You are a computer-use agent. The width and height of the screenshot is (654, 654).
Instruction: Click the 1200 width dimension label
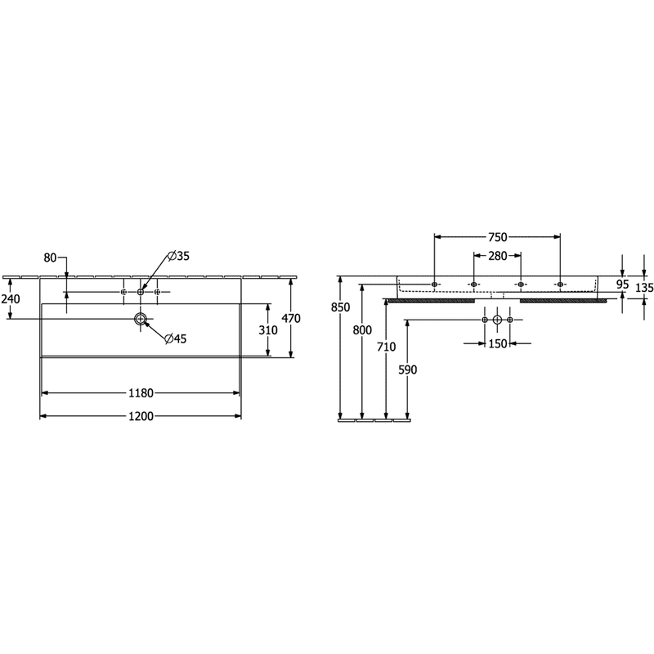(141, 416)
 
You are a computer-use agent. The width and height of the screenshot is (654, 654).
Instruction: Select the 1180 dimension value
(141, 393)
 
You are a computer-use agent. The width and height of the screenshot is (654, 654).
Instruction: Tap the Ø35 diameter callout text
(178, 256)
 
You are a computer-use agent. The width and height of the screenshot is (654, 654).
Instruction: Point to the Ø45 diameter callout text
(175, 338)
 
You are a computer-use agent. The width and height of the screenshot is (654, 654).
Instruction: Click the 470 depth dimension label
(291, 318)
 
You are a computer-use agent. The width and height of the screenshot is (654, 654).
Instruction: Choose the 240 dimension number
(11, 298)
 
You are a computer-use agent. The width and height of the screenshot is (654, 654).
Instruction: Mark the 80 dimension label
(50, 258)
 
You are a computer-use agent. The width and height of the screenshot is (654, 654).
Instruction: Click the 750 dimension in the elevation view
(497, 237)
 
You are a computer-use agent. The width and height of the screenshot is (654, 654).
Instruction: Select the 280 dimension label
(497, 256)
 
